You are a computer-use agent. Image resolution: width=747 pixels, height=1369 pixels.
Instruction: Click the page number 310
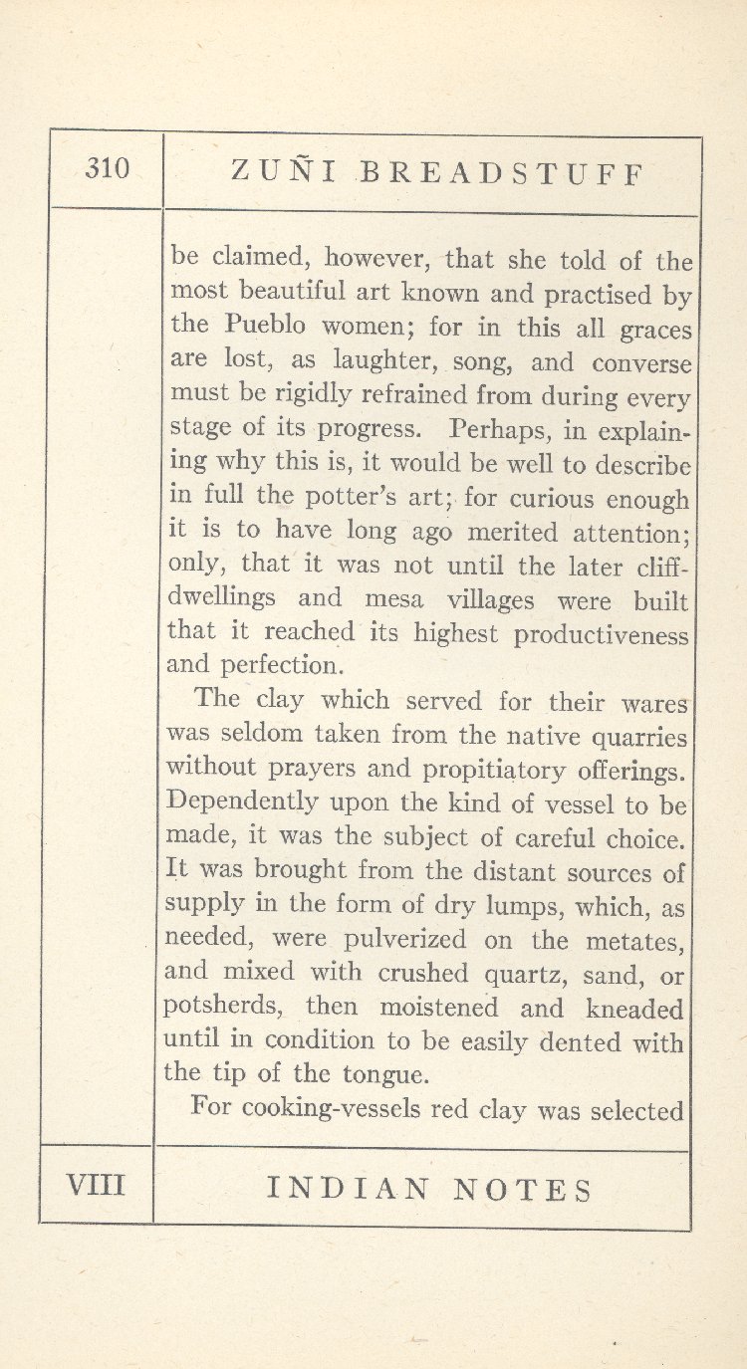[108, 169]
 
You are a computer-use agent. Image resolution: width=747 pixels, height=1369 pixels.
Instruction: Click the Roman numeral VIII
[95, 1185]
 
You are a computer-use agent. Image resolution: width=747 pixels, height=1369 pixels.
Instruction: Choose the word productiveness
[602, 634]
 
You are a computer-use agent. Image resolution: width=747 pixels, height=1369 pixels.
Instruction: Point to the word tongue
[382, 1074]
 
